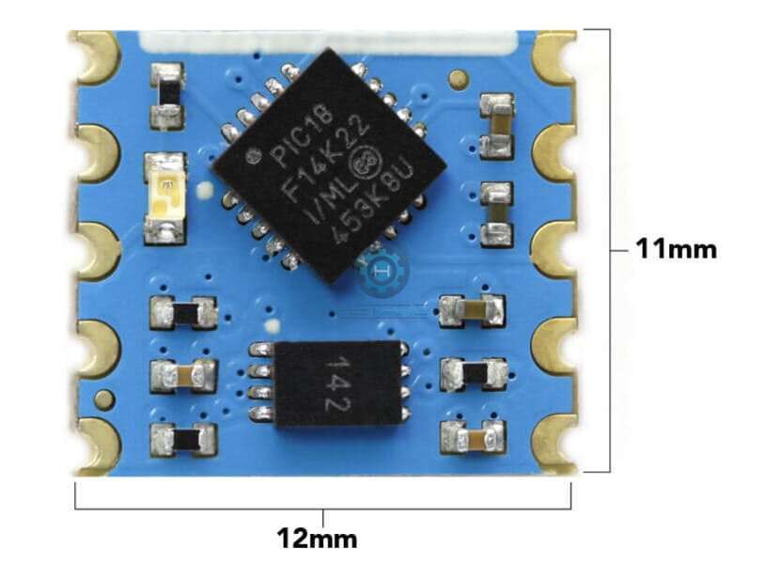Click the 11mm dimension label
[x=677, y=249]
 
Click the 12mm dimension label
[x=317, y=539]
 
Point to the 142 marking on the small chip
[x=337, y=384]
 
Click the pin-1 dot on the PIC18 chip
[x=253, y=156]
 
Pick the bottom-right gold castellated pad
[x=556, y=444]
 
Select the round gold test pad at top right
[x=458, y=79]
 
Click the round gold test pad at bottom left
[x=104, y=402]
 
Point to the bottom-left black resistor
[x=183, y=438]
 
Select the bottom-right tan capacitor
[x=474, y=439]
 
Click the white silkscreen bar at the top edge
[x=328, y=41]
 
